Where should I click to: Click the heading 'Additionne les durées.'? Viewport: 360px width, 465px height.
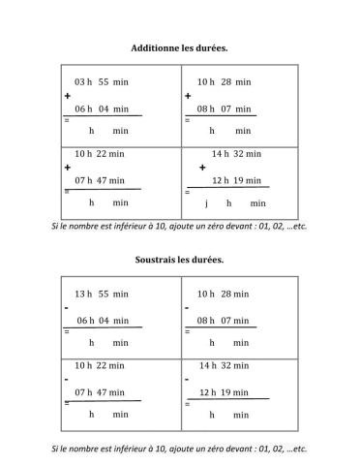click(179, 46)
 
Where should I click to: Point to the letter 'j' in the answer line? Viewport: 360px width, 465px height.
click(206, 203)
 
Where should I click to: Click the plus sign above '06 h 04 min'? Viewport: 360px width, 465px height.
click(68, 97)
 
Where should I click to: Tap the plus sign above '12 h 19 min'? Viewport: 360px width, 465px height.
click(202, 167)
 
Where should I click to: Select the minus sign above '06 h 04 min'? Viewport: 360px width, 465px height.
click(66, 307)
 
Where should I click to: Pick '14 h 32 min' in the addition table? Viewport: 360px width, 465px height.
click(236, 153)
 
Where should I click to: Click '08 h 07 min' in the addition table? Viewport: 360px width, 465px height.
click(224, 109)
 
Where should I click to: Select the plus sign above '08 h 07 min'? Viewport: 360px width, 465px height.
click(188, 97)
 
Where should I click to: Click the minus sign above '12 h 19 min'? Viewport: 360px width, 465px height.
click(188, 380)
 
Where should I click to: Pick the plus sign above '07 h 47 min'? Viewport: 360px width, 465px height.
click(67, 167)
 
